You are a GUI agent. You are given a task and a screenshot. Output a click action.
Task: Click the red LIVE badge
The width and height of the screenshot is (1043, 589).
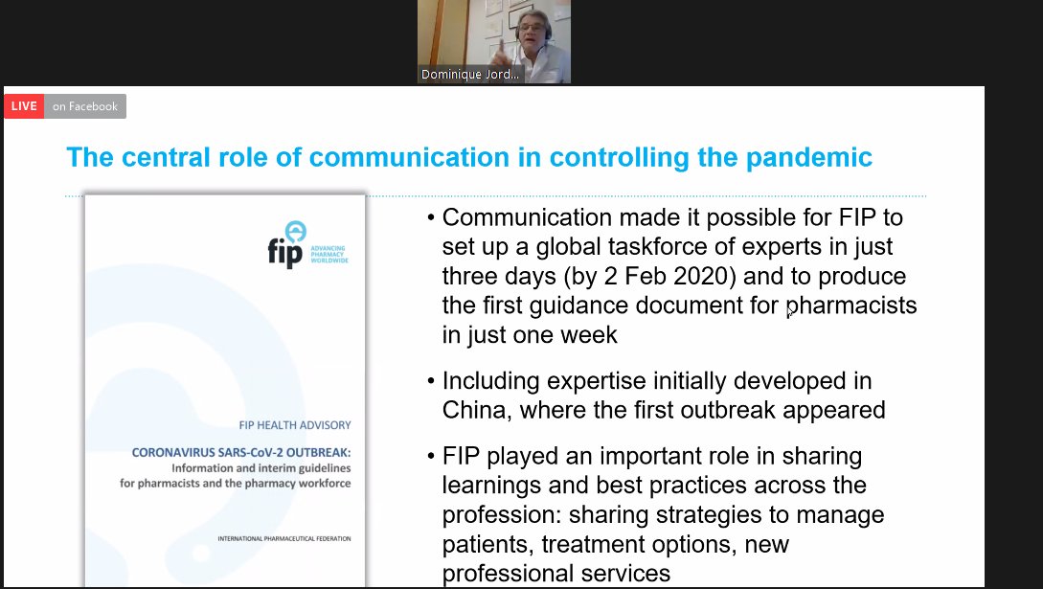click(24, 106)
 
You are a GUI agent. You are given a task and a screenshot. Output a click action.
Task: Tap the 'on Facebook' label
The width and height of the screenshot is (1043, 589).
click(85, 106)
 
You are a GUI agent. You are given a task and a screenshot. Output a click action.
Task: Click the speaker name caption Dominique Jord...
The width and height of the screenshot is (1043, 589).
click(470, 75)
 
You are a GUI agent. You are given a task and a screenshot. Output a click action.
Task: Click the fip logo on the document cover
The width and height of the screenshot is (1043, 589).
click(300, 245)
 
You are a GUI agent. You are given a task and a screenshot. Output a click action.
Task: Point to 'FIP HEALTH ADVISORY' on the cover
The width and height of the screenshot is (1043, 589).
click(295, 425)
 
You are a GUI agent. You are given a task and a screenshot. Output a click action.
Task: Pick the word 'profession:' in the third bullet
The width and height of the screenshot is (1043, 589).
click(500, 515)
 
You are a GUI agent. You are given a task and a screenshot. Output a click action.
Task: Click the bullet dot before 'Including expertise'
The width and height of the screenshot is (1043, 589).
click(433, 381)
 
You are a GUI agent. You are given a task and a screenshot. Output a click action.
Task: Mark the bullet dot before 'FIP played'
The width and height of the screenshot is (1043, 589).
click(433, 457)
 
